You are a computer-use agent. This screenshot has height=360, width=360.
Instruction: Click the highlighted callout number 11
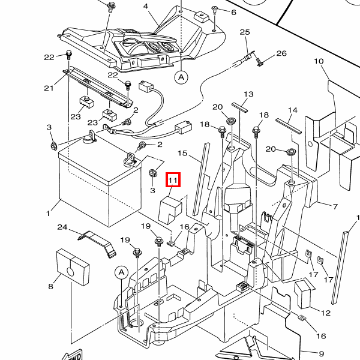(x=173, y=180)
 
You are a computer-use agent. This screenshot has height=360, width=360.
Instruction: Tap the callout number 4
(x=146, y=6)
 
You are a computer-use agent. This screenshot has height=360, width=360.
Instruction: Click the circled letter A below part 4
(x=181, y=77)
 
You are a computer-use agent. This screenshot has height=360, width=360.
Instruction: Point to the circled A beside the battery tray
(x=121, y=272)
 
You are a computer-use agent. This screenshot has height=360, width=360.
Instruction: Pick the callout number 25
(x=245, y=32)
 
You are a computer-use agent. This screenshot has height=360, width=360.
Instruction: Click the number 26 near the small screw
(x=281, y=53)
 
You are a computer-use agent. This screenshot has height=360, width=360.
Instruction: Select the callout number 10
(x=319, y=61)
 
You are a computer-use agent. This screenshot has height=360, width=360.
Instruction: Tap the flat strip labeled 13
(x=240, y=107)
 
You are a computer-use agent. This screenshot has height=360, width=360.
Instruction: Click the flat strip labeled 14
(x=289, y=126)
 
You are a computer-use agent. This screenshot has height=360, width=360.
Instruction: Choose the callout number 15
(x=182, y=153)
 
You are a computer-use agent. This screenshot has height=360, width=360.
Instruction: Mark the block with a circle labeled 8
(x=73, y=267)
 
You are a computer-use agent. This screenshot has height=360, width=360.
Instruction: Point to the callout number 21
(x=49, y=88)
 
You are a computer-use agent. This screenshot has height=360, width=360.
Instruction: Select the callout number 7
(x=335, y=206)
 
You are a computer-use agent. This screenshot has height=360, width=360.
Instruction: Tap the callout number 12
(x=326, y=313)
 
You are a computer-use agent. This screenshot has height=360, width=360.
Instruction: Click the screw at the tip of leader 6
(x=215, y=10)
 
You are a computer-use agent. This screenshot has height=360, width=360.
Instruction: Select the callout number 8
(x=50, y=286)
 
